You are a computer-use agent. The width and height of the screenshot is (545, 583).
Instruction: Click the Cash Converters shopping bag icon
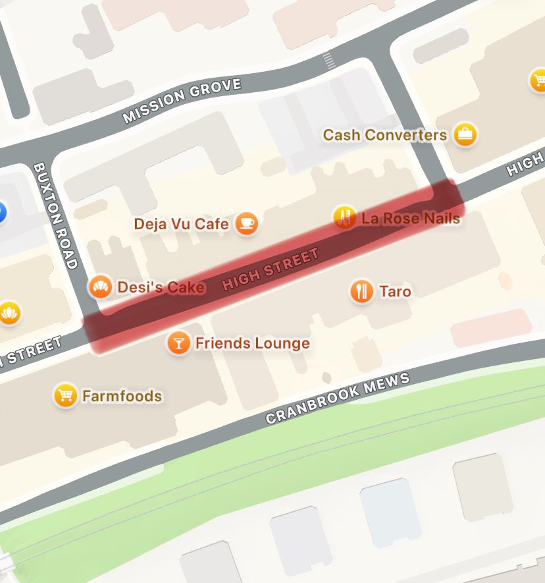click(466, 135)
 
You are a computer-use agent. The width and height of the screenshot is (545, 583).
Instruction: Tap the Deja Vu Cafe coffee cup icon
click(247, 224)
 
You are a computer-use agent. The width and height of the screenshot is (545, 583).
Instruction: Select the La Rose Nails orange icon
click(344, 217)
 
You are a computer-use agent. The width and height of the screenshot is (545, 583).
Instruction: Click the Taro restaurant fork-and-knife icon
click(361, 291)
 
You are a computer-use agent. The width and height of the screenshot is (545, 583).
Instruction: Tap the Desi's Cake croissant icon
click(100, 287)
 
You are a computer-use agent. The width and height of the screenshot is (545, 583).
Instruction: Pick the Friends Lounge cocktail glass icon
click(178, 343)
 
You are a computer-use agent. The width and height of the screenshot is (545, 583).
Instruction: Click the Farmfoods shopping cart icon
click(65, 395)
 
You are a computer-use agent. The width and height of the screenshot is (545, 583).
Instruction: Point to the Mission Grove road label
click(182, 101)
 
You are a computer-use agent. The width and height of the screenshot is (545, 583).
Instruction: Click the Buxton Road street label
click(55, 216)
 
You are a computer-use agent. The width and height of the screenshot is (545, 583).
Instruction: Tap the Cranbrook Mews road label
click(338, 399)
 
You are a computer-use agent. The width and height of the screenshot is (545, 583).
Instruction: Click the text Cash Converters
click(384, 135)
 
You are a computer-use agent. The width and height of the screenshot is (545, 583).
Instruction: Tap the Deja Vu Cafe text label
click(181, 224)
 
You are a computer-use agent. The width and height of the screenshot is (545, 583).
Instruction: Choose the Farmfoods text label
click(122, 396)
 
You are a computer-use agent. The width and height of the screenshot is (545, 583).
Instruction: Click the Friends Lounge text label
click(252, 343)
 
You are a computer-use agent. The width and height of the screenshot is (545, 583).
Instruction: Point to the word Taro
click(395, 291)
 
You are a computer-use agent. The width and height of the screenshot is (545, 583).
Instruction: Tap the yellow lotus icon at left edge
click(9, 312)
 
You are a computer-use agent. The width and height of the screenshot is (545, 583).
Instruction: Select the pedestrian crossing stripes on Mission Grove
click(328, 62)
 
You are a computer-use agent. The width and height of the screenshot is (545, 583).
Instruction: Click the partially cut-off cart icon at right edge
click(538, 81)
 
